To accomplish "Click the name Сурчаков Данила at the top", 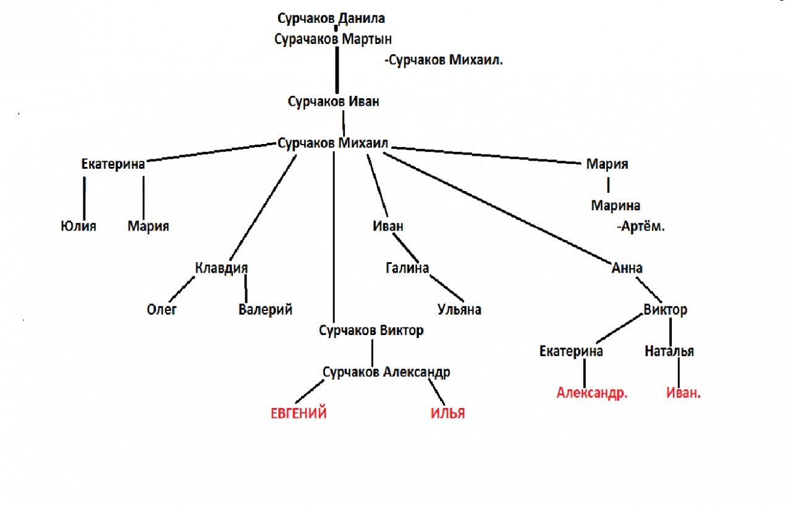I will tap(336, 19).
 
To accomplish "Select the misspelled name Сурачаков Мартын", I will tap(333, 39).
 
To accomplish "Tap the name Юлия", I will tap(78, 226).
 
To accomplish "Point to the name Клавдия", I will tap(221, 268).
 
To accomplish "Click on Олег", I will tap(162, 310).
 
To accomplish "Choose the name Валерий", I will tap(265, 310).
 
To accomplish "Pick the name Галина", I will tap(407, 268).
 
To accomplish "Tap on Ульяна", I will tap(459, 310).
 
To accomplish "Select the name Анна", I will tap(627, 268).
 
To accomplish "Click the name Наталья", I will tap(669, 352).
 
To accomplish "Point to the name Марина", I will tap(615, 206).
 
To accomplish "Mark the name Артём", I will tap(641, 227).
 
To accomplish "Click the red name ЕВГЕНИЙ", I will tap(298, 414).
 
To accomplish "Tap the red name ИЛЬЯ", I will tap(447, 414).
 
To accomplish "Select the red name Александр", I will tap(592, 393).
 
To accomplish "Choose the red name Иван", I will tap(683, 393).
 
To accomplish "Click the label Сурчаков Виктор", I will tap(371, 331).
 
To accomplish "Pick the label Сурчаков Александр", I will tap(386, 372).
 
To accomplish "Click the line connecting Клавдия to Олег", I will tap(182, 288).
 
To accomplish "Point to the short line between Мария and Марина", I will tap(608, 184).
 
